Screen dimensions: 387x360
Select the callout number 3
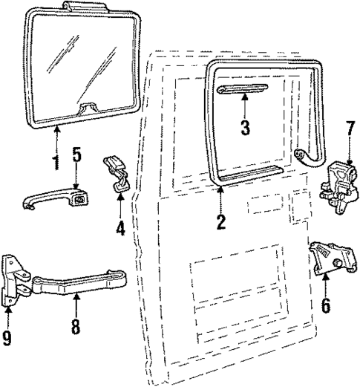point(245,126)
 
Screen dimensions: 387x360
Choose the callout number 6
point(326,305)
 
